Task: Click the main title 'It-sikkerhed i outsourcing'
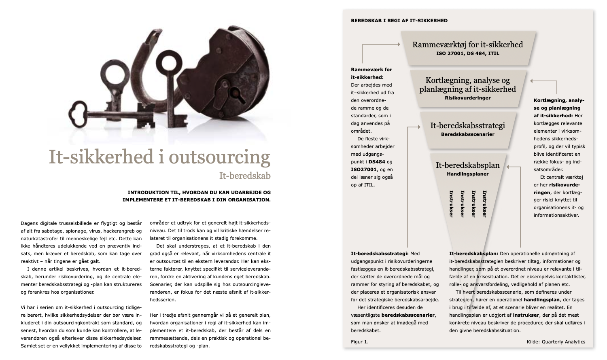tap(159, 157)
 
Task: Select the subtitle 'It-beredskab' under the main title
tap(245, 176)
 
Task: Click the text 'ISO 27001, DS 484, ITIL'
tap(467, 53)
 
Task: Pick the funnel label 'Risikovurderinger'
tap(467, 98)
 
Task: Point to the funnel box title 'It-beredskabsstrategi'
tap(467, 125)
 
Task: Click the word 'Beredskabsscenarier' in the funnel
tap(467, 134)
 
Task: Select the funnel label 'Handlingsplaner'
tap(467, 174)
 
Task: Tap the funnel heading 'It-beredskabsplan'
tap(467, 165)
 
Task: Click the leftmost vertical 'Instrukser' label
tap(451, 204)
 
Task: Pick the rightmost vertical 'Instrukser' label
tap(484, 204)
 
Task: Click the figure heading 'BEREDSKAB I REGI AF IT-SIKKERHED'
tap(399, 21)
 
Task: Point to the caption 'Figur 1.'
tap(360, 342)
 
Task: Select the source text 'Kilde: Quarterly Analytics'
tap(556, 342)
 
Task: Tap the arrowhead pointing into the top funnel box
tap(399, 44)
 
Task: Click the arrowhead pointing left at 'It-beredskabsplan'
tap(509, 166)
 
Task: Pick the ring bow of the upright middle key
tap(167, 63)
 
